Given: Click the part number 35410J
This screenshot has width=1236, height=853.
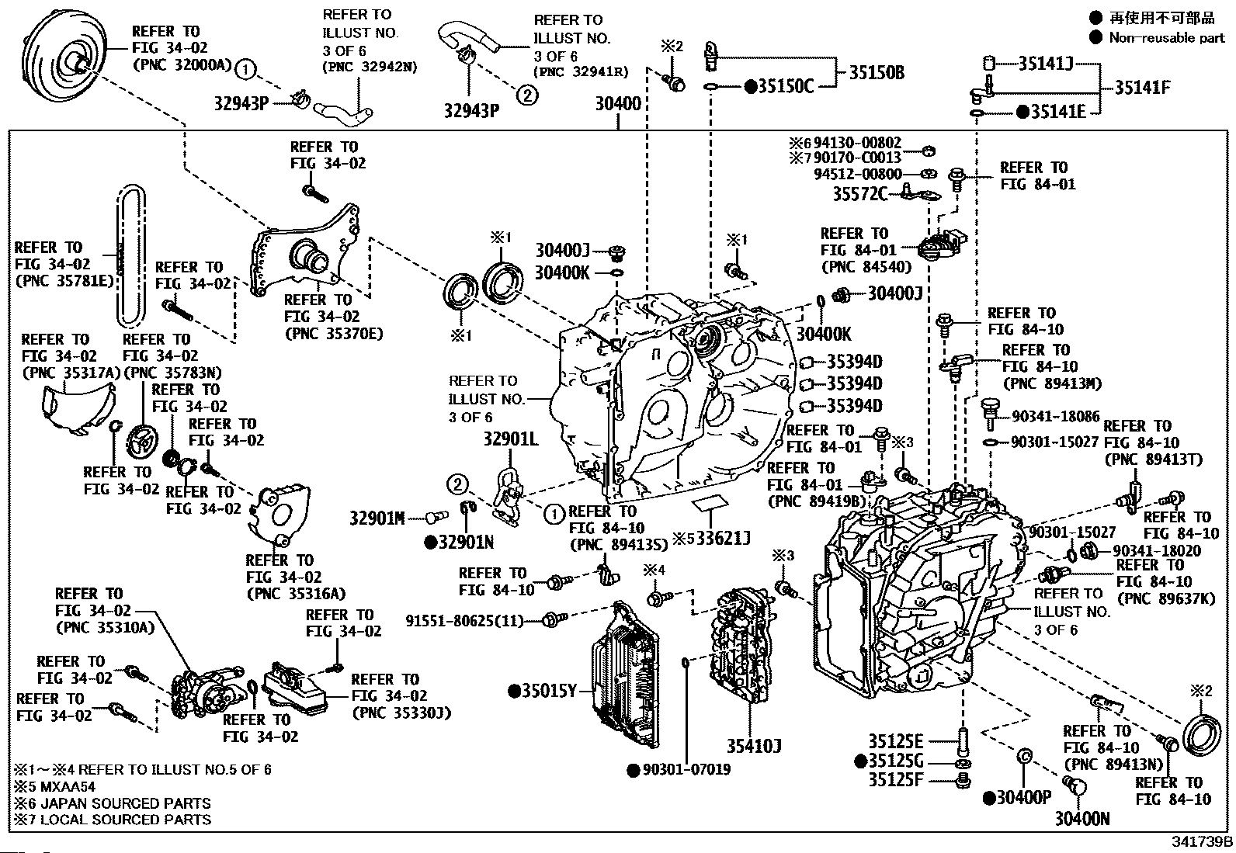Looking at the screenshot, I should pos(753,747).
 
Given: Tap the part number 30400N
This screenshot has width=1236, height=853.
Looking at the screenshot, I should pos(1081,818).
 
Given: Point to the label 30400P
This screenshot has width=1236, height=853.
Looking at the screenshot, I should pos(1023,797).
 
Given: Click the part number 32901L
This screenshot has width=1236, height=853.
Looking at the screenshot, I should pos(510,439).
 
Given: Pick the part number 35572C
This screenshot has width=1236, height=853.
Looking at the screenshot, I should pos(859,193).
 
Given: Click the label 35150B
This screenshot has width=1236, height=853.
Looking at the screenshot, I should pos(876,73).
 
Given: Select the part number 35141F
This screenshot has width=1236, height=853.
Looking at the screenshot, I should pos(1142,88).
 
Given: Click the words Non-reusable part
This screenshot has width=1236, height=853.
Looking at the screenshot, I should pos(1166,38).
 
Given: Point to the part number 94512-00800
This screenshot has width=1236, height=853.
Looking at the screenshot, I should pos(858,175).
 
